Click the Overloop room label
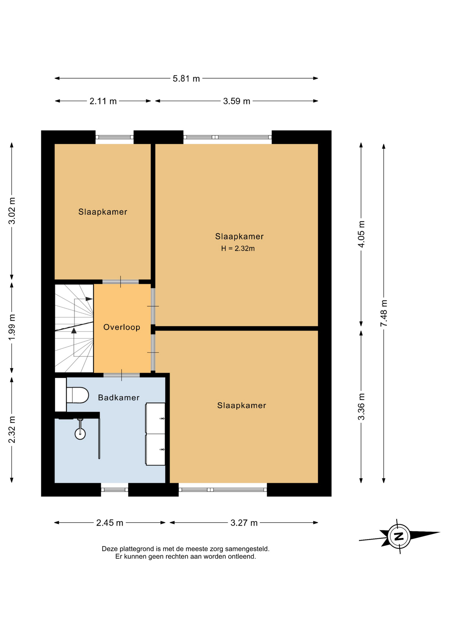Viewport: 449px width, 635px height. pyautogui.click(x=122, y=327)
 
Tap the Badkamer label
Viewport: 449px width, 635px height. pyautogui.click(x=119, y=398)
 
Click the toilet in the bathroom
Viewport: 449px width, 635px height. pyautogui.click(x=77, y=395)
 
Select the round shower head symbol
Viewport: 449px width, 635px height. pyautogui.click(x=80, y=434)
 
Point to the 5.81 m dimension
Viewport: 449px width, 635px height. pyautogui.click(x=186, y=79)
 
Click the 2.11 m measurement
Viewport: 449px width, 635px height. pyautogui.click(x=103, y=101)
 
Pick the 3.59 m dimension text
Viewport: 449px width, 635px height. pyautogui.click(x=236, y=101)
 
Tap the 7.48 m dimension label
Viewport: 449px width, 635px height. pyautogui.click(x=384, y=313)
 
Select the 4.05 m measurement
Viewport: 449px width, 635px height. pyautogui.click(x=361, y=234)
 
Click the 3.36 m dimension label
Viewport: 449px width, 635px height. pyautogui.click(x=361, y=406)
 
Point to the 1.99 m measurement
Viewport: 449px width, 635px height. pyautogui.click(x=12, y=327)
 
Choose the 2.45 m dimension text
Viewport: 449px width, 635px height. pyautogui.click(x=110, y=523)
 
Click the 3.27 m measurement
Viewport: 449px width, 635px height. pyautogui.click(x=244, y=523)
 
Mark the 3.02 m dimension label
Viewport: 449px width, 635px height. pyautogui.click(x=12, y=211)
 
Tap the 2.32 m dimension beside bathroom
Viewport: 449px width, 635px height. pyautogui.click(x=12, y=430)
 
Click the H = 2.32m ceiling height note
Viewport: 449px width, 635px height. pyautogui.click(x=238, y=248)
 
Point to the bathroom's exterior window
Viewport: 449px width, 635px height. pyautogui.click(x=114, y=489)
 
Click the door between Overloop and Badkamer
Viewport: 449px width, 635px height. pyautogui.click(x=122, y=375)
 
